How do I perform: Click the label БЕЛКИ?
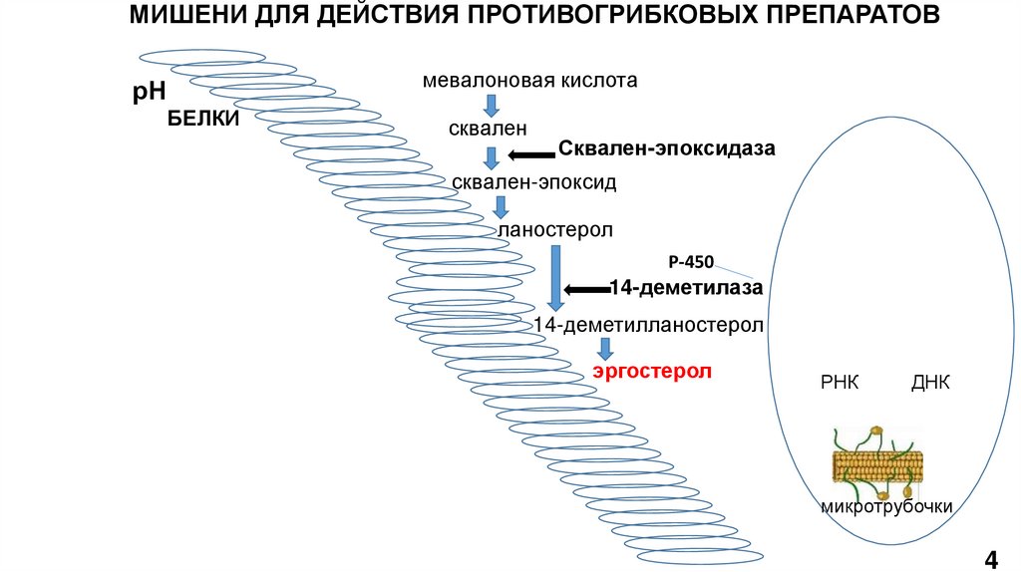(x=202, y=120)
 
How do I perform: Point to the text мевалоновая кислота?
(x=529, y=80)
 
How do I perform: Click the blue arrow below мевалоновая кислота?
(x=491, y=104)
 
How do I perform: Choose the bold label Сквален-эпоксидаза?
(x=666, y=148)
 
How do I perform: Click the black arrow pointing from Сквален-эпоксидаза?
(x=530, y=154)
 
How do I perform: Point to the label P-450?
(x=691, y=263)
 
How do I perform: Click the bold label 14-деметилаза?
(x=687, y=288)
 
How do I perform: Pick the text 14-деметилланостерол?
(x=649, y=325)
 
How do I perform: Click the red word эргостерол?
(x=653, y=372)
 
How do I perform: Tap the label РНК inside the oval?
(x=840, y=383)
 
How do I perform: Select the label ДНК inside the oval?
(x=930, y=383)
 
